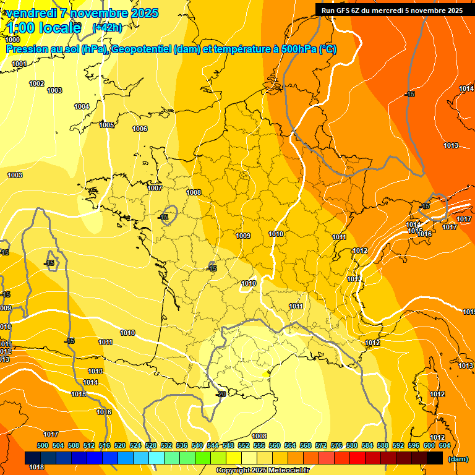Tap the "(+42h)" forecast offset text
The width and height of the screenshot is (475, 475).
point(107,27)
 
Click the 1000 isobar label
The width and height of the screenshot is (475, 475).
point(12,40)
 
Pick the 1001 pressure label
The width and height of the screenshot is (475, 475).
point(19,64)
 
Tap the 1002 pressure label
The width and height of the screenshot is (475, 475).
point(36,83)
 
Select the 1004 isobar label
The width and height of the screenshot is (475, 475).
point(82,106)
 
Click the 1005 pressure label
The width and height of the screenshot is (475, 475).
point(106,125)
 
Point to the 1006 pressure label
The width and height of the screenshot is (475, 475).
point(140,129)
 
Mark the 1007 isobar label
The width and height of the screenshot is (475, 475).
point(155,188)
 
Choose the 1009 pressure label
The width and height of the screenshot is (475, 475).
point(243,236)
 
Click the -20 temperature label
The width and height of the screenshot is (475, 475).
point(220,394)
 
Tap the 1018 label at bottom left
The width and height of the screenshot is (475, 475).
point(36,467)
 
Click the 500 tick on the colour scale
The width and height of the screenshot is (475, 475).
point(43,445)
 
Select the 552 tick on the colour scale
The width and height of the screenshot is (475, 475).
point(244,445)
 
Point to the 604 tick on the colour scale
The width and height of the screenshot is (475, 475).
point(445,445)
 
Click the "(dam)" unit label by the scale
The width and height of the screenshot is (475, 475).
point(458,459)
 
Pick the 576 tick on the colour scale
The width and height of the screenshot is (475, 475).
point(336,445)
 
